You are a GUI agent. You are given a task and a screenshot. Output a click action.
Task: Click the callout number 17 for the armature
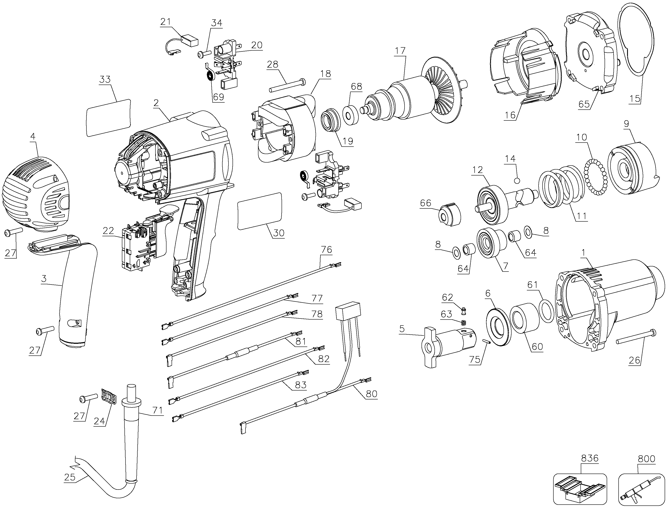(400, 51)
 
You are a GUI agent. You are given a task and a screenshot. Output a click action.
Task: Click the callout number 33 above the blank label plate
(105, 79)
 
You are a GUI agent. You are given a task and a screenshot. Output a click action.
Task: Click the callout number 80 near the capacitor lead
(371, 393)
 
